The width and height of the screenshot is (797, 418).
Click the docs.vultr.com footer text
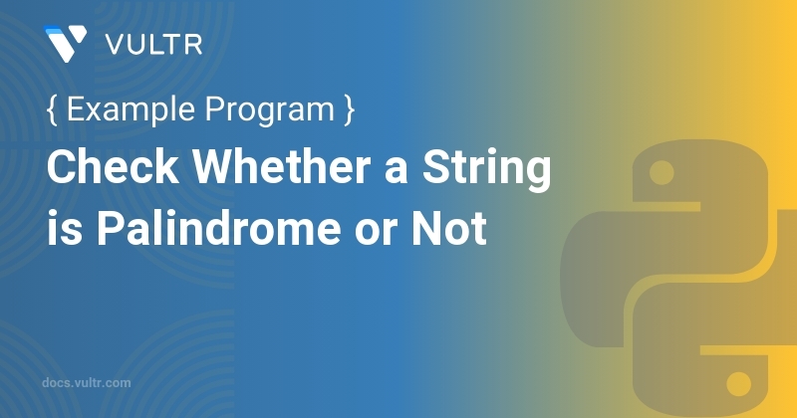pos(88,381)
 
